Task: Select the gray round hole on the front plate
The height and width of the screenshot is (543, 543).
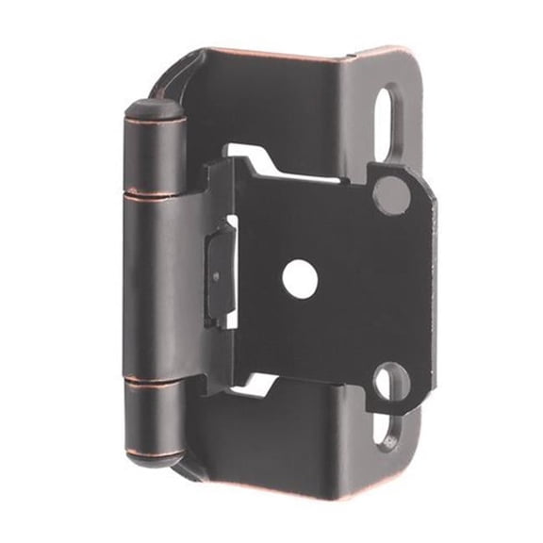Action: pyautogui.click(x=391, y=194)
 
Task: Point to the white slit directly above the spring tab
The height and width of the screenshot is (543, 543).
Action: pyautogui.click(x=229, y=230)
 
